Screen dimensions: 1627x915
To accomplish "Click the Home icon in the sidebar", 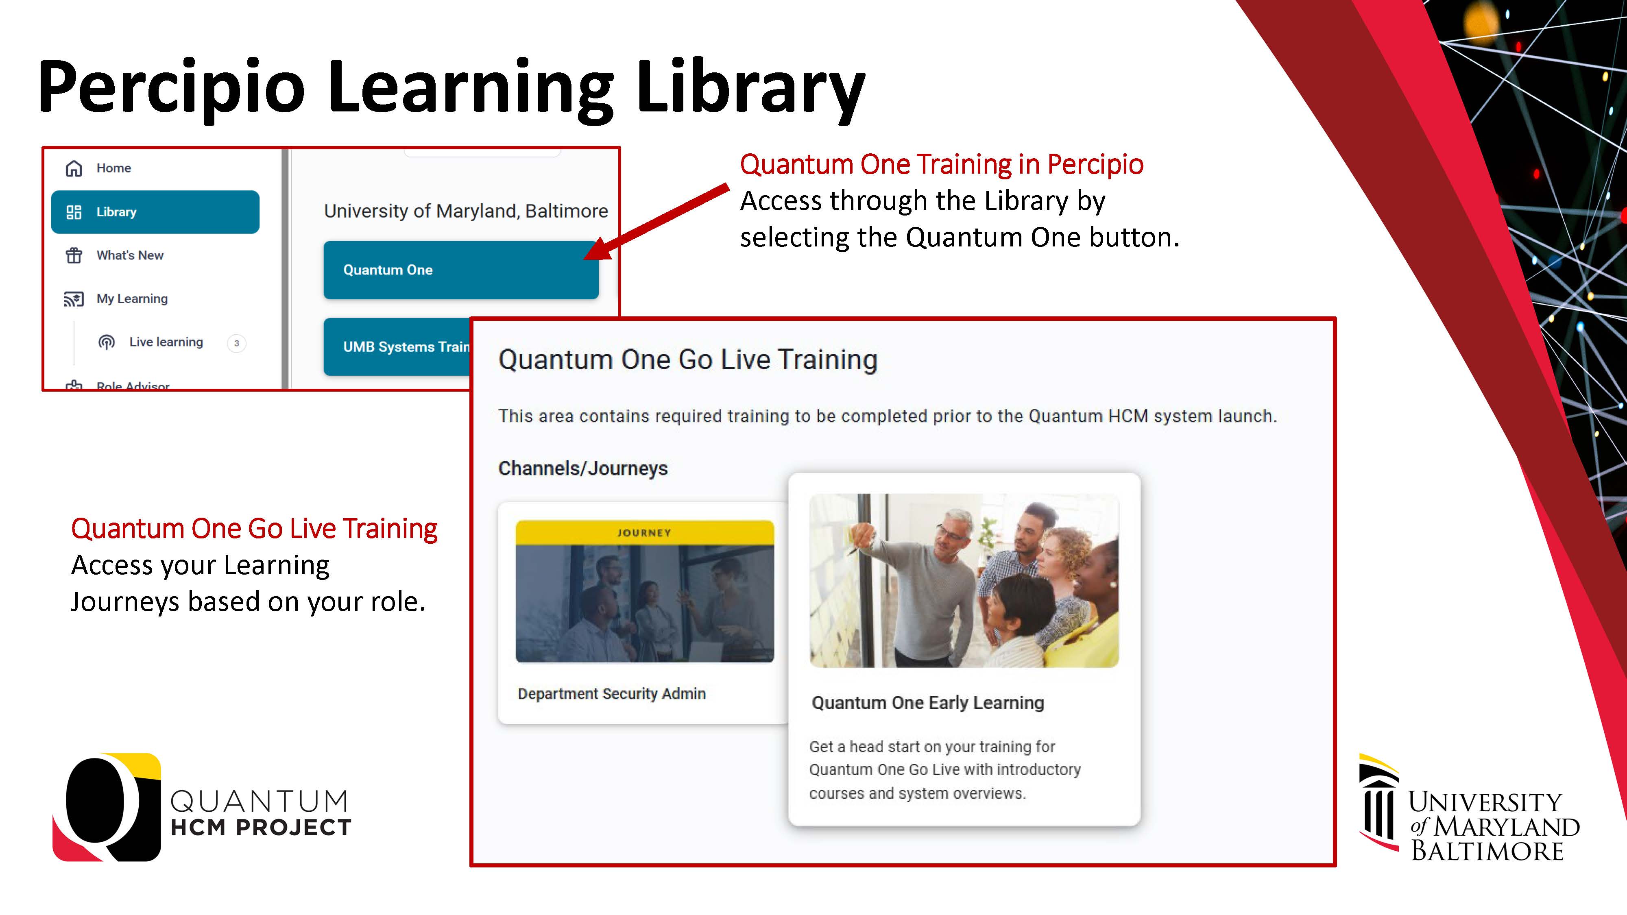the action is [74, 168].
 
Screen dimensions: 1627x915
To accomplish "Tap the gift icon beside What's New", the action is [74, 255].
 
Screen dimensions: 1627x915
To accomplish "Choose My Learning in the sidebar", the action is [132, 298].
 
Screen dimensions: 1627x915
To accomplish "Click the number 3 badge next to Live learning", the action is [237, 343].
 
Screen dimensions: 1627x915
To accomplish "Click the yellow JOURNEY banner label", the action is [644, 532].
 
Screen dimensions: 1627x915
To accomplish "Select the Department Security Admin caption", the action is [611, 693].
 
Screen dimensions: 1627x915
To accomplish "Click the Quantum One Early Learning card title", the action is [928, 703].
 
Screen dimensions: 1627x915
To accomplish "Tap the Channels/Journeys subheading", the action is [583, 468].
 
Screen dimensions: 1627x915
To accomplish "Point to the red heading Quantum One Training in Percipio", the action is [942, 164].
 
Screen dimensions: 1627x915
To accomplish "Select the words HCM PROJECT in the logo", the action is [261, 827].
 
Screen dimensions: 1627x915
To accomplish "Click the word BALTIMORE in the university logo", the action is [1487, 851].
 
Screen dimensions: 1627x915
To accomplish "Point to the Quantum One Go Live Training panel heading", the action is [688, 360].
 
